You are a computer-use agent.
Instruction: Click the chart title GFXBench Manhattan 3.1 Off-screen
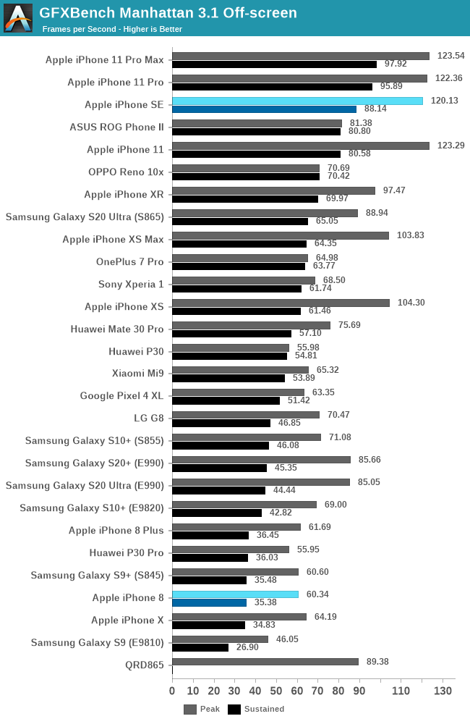(168, 12)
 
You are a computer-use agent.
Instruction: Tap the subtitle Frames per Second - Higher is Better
(112, 29)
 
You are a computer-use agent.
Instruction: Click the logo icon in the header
(18, 18)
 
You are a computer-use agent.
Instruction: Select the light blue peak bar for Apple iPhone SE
(297, 101)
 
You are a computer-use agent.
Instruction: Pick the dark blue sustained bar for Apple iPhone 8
(209, 602)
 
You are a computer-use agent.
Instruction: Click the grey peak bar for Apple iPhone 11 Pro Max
(301, 56)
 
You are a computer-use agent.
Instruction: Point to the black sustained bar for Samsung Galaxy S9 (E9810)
(200, 647)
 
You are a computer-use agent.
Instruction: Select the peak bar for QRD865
(265, 662)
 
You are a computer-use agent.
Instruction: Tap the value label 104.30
(410, 303)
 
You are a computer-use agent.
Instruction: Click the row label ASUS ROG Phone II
(117, 127)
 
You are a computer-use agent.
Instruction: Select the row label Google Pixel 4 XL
(122, 396)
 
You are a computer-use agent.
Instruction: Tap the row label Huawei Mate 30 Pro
(117, 329)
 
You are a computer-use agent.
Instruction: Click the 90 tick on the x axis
(359, 691)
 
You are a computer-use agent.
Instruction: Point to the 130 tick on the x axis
(443, 691)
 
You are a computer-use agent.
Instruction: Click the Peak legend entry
(202, 710)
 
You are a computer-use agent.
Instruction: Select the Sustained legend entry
(256, 710)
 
